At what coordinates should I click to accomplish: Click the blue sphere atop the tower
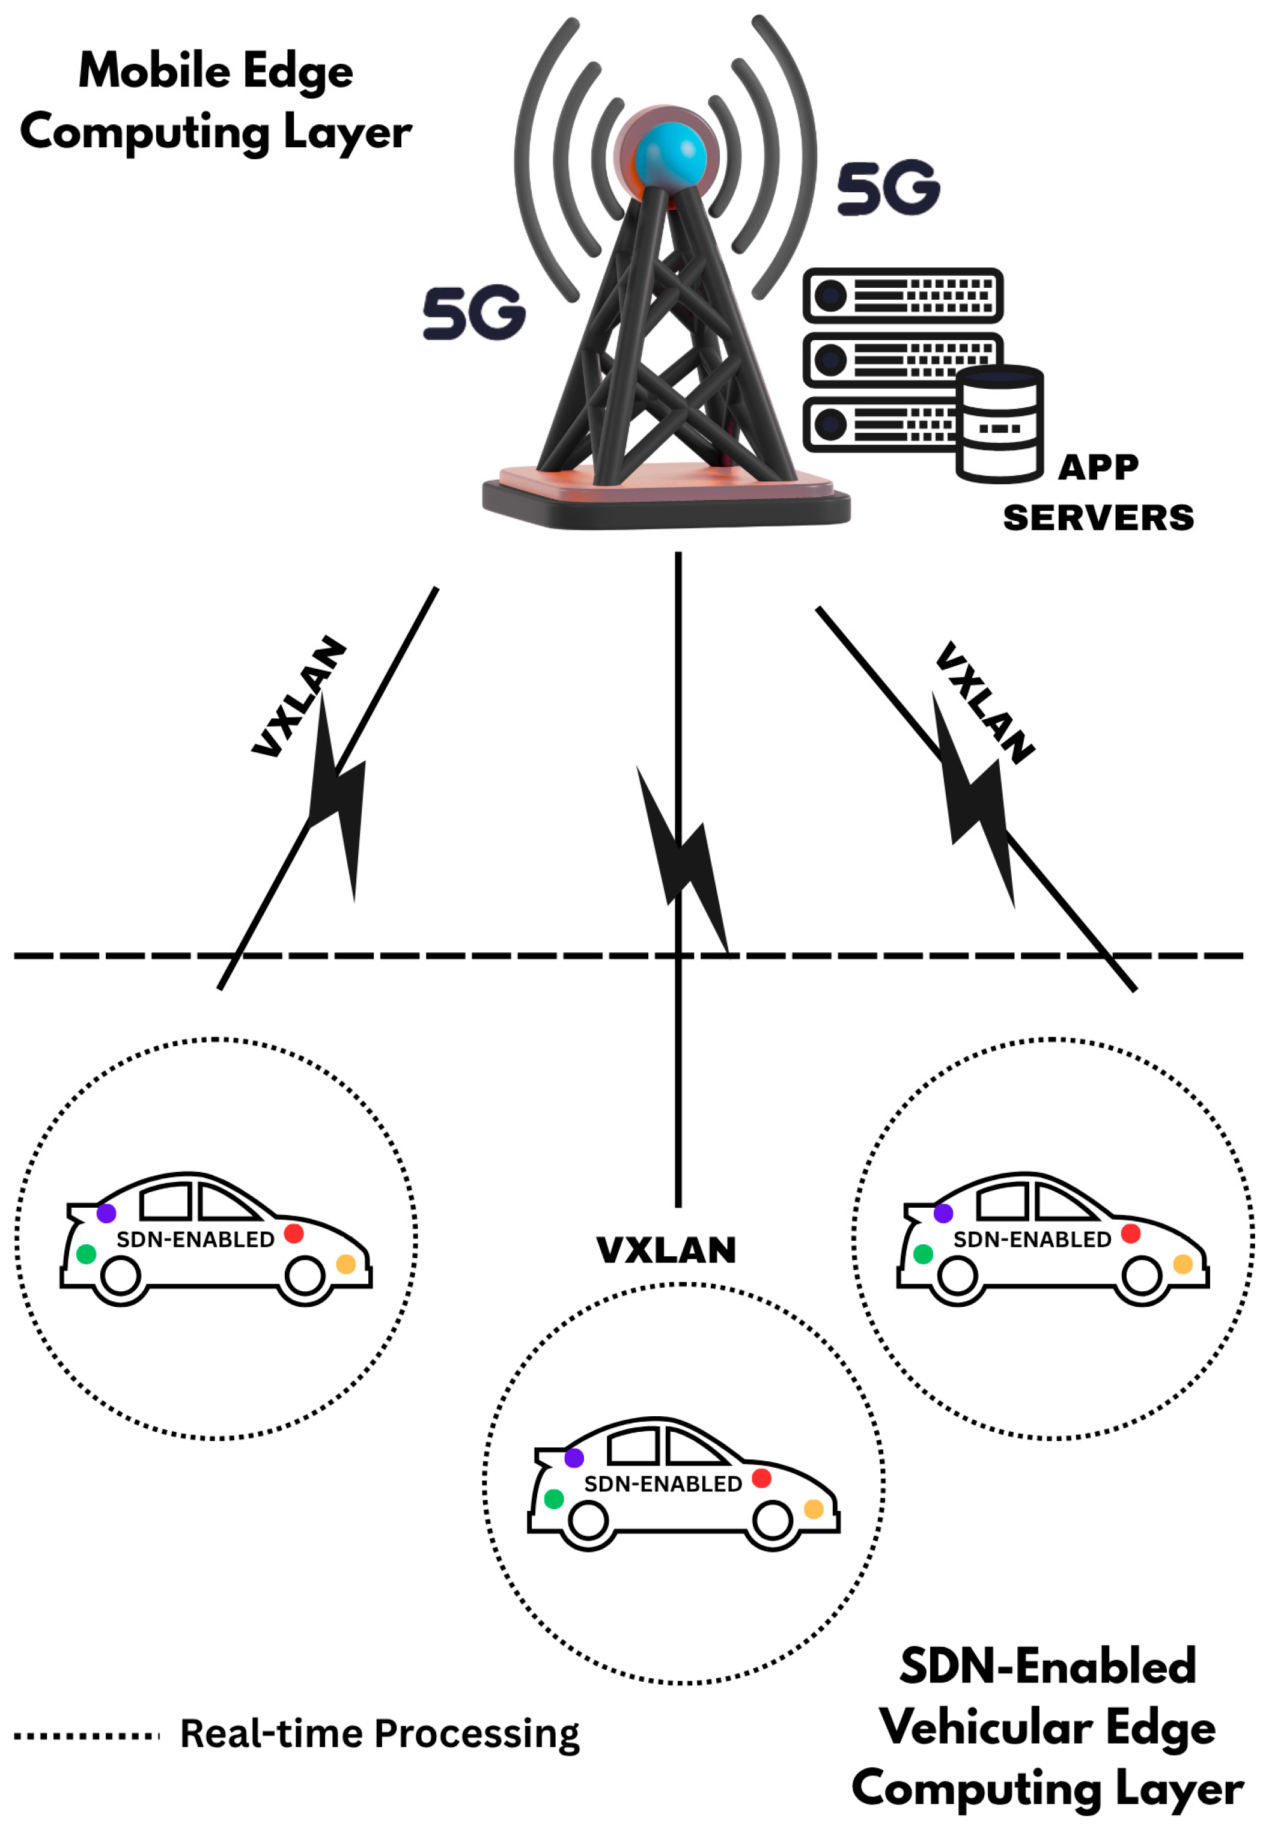[669, 154]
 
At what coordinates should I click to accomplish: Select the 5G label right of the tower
[888, 188]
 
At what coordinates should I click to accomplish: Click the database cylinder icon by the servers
[999, 424]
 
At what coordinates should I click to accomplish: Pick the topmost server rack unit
[902, 295]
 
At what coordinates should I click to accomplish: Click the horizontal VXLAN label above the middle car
[666, 1250]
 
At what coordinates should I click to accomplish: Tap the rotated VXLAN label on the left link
[299, 696]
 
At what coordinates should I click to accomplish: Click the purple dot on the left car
[106, 1213]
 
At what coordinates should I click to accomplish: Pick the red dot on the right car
[1130, 1233]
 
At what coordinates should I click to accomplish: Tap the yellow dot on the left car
[346, 1264]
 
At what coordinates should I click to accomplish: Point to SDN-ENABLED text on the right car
[1031, 1240]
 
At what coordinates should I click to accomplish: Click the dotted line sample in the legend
[87, 1736]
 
